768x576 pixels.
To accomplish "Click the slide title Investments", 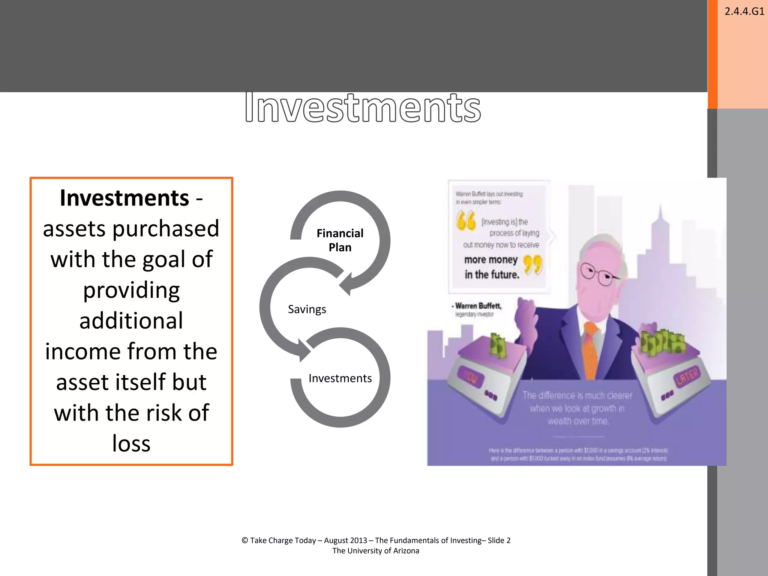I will [x=363, y=108].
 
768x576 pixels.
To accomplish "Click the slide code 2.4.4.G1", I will [x=744, y=11].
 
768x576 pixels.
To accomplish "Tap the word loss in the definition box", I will [x=131, y=444].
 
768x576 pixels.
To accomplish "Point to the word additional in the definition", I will [x=131, y=321].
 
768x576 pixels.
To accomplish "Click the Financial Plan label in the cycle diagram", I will [x=340, y=240].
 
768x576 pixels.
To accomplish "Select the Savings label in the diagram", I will [x=307, y=309].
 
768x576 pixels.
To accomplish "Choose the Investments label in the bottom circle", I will [x=340, y=378].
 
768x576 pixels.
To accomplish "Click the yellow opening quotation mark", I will [x=466, y=220].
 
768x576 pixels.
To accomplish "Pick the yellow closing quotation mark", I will [x=533, y=264].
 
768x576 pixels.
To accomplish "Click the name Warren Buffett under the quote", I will [x=478, y=306].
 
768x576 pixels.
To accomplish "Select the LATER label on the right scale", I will [x=687, y=376].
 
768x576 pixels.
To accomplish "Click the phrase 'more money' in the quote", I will [x=490, y=260].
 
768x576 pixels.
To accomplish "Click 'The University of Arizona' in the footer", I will [x=376, y=551].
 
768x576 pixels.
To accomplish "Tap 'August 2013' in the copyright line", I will [x=345, y=540].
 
